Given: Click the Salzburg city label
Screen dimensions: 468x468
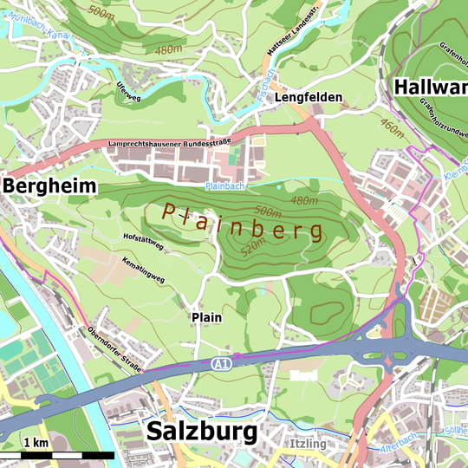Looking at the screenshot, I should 202,431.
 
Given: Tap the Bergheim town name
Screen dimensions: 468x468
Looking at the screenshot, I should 49,186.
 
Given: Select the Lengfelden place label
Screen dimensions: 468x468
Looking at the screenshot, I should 309,98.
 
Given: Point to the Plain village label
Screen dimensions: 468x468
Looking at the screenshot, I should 206,317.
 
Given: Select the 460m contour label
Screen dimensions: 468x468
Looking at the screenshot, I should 392,129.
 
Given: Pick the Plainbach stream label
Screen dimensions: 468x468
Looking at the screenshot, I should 226,186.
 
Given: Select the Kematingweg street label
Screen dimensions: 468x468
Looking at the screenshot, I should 143,270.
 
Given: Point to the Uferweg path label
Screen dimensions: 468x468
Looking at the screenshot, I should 127,92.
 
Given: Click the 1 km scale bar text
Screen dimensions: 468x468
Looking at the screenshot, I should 36,443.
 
